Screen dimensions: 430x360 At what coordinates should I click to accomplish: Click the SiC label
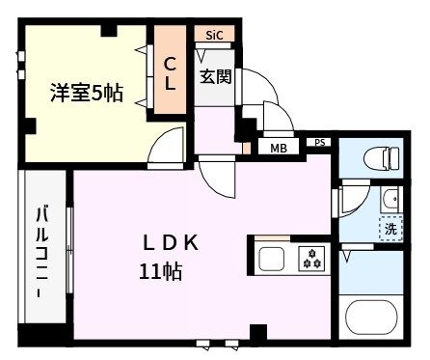coord(214,35)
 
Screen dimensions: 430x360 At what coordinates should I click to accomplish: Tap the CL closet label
coord(170,74)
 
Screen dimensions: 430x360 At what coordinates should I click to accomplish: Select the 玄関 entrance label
coord(216,76)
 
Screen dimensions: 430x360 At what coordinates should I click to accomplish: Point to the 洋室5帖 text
coord(87,93)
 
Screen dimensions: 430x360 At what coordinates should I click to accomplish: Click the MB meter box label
coord(279,149)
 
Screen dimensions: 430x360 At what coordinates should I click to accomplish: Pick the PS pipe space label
coord(320,143)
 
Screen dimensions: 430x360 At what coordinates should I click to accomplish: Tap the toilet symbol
coord(382,158)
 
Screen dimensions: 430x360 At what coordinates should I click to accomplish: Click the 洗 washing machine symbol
coord(390,229)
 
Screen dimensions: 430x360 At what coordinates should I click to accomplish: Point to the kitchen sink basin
coord(272,259)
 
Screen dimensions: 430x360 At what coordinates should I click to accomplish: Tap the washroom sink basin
coord(391,200)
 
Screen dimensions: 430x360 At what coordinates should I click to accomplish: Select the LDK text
coord(171,243)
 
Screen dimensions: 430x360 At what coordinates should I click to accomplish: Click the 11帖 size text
coord(161,271)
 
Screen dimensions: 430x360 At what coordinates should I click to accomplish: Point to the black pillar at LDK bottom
coord(258,331)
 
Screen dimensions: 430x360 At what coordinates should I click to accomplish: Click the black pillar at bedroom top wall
coord(109,30)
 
